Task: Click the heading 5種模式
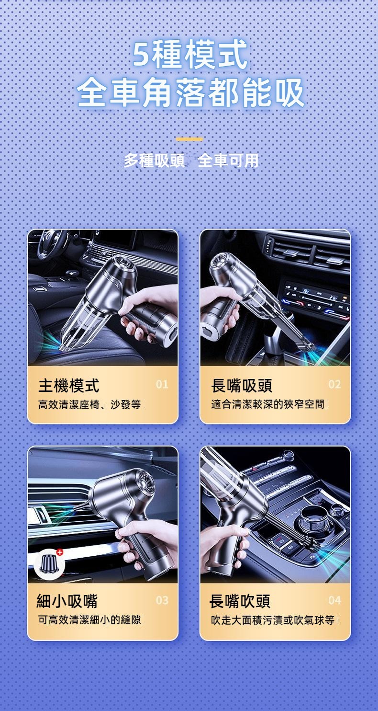pyautogui.click(x=189, y=54)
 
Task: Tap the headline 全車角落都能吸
pyautogui.click(x=190, y=92)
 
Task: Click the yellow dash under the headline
pyautogui.click(x=189, y=139)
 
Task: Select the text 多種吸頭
pyautogui.click(x=154, y=161)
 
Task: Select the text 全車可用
pyautogui.click(x=228, y=161)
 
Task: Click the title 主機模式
pyautogui.click(x=68, y=386)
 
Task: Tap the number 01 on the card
pyautogui.click(x=162, y=384)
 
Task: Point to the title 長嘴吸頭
pyautogui.click(x=242, y=386)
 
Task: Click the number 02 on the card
pyautogui.click(x=334, y=384)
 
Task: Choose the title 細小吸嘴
pyautogui.click(x=67, y=600)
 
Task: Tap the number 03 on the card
pyautogui.click(x=162, y=600)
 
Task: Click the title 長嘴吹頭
pyautogui.click(x=240, y=600)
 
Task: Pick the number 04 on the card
pyautogui.click(x=334, y=600)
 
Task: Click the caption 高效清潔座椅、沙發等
pyautogui.click(x=89, y=405)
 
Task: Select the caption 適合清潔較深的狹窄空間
pyautogui.click(x=267, y=404)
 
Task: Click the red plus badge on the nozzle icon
pyautogui.click(x=60, y=552)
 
